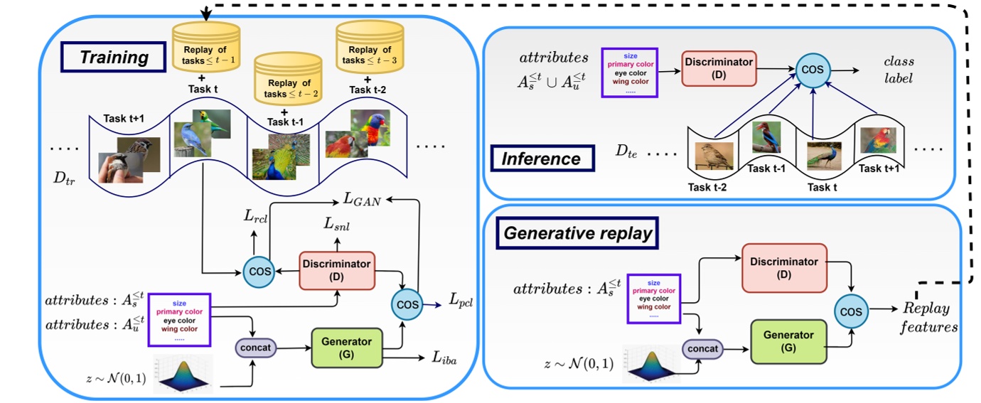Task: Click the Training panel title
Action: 113,57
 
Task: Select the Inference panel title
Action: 542,158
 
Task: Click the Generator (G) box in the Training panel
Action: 346,347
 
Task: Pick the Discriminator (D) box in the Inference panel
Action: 719,68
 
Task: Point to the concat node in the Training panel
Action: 256,348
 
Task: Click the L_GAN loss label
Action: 363,202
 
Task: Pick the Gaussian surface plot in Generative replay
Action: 650,362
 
